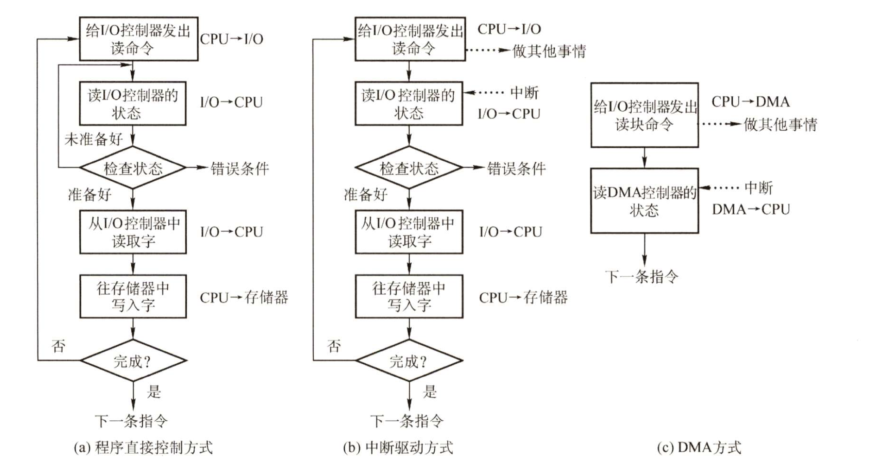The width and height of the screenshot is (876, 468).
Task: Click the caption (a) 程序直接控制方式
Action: (143, 447)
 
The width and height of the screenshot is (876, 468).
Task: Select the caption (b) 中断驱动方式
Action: (398, 447)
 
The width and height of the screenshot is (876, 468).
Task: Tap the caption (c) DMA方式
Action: (699, 447)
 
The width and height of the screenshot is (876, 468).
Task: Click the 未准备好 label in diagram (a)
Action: (93, 139)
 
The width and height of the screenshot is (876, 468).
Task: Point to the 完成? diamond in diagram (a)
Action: (133, 360)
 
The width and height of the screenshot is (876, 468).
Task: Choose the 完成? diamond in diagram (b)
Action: (409, 360)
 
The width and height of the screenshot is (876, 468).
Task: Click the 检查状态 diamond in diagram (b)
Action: (409, 168)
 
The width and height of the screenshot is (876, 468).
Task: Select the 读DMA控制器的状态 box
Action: (644, 201)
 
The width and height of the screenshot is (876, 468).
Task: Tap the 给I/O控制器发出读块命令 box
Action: (644, 115)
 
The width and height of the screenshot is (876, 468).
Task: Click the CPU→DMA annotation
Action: (750, 101)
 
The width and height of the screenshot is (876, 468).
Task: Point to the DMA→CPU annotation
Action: (750, 209)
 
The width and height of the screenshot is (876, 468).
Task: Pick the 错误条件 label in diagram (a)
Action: (240, 168)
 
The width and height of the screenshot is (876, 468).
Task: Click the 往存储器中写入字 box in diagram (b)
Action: (409, 297)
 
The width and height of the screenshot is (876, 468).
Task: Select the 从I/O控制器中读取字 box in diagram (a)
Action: (133, 232)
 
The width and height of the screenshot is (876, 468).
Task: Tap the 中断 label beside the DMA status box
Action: (758, 188)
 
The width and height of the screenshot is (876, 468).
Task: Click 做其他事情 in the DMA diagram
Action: (780, 124)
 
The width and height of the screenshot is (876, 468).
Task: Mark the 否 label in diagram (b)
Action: (334, 346)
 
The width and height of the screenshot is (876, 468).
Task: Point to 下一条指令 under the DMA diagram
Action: (641, 277)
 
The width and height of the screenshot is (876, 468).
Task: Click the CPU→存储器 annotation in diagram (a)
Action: (244, 297)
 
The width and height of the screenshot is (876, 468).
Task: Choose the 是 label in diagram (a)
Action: (153, 392)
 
